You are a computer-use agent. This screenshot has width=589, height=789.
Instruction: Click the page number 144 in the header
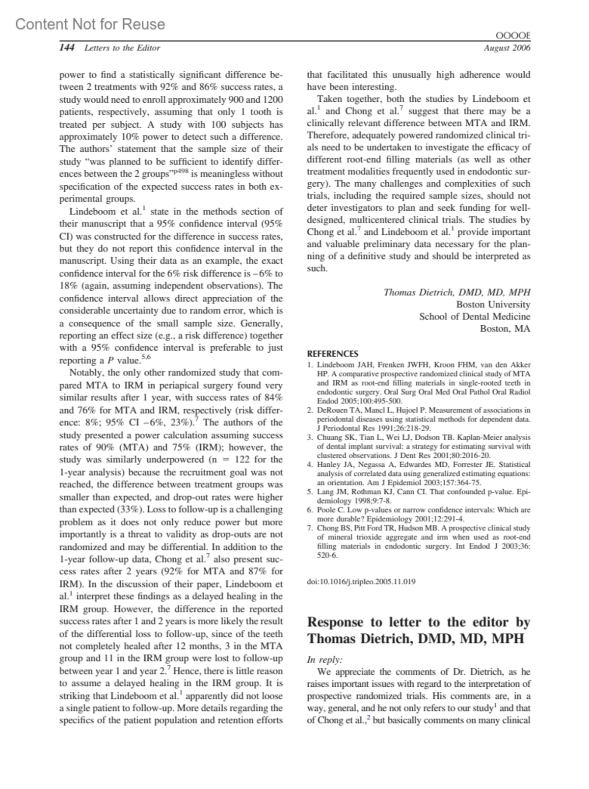[x=67, y=48]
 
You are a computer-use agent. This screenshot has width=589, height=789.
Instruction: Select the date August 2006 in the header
[x=507, y=48]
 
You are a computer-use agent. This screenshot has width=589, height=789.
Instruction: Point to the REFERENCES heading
[x=332, y=353]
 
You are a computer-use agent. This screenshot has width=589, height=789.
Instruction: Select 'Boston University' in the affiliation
[x=493, y=305]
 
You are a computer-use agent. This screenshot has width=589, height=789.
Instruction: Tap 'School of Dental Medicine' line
[x=474, y=316]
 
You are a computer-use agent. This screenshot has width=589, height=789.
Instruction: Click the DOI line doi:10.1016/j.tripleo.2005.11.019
[x=361, y=581]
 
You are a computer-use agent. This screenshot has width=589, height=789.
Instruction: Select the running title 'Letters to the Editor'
[x=122, y=48]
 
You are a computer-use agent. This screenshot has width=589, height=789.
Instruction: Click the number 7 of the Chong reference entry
[x=310, y=528]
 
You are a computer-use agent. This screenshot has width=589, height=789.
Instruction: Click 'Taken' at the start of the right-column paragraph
[x=329, y=99]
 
